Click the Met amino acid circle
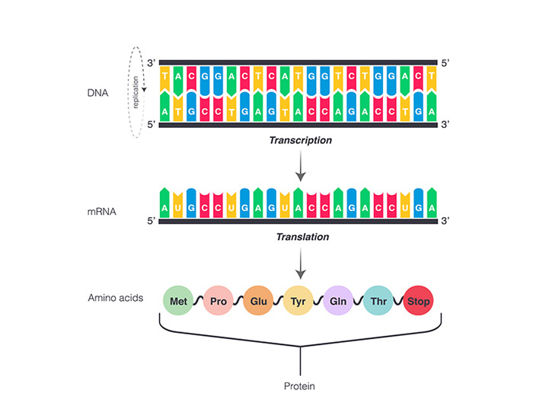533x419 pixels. [x=178, y=301]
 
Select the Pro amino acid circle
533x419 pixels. [x=219, y=301]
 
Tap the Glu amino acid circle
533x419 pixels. [x=258, y=301]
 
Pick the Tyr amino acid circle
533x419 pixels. [x=298, y=301]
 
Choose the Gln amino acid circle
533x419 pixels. [x=338, y=301]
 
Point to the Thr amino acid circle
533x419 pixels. [x=378, y=301]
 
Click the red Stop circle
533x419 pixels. [x=419, y=301]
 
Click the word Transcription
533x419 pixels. [x=301, y=140]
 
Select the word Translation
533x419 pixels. [x=302, y=237]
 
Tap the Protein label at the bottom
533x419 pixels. [x=299, y=386]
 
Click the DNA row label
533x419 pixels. [x=98, y=93]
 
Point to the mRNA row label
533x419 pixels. [x=101, y=212]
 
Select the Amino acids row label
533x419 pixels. [x=116, y=298]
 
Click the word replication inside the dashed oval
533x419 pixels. [x=136, y=92]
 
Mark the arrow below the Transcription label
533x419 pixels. [x=301, y=166]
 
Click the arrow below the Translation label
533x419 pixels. [x=301, y=264]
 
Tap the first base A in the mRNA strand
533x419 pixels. [x=164, y=203]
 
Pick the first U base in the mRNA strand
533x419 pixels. [x=177, y=205]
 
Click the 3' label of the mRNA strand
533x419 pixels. [x=445, y=221]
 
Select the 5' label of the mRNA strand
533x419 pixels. [x=152, y=221]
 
